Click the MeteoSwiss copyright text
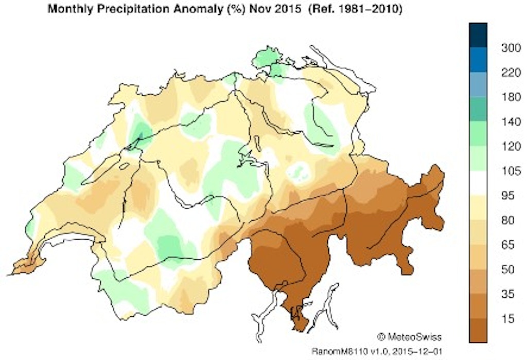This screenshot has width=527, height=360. coord(410,337)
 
